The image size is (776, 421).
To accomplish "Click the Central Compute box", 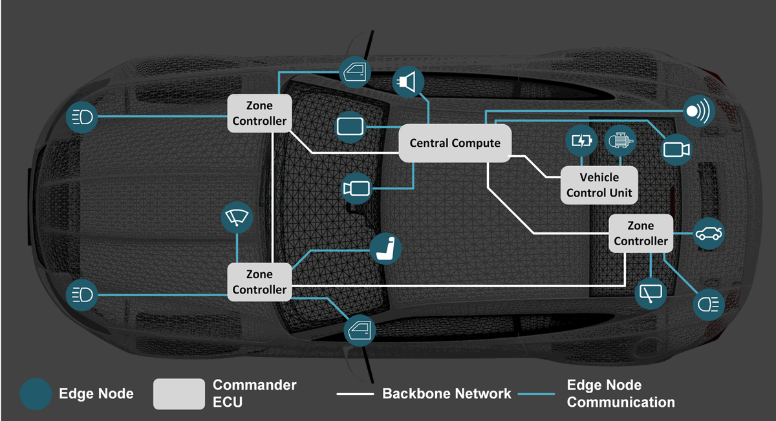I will [455, 143].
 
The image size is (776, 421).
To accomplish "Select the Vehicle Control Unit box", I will [599, 185].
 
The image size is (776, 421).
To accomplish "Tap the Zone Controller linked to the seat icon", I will [259, 282].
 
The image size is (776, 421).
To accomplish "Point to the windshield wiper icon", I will [237, 218].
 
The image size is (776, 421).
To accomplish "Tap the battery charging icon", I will [582, 140].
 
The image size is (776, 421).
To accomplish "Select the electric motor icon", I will [620, 140].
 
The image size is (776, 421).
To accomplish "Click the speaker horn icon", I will [409, 81].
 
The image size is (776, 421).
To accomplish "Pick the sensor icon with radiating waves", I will [698, 111].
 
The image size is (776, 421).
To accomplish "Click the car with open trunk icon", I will [709, 233].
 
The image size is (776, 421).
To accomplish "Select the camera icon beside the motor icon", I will [677, 149].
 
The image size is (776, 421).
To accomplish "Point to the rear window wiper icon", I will [651, 294].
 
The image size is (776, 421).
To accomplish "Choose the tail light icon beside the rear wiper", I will [709, 305].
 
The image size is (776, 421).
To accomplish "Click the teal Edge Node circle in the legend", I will [36, 394].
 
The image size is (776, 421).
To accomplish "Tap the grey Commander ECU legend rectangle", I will [178, 394].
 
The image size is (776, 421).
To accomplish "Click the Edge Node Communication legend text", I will [620, 394].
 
